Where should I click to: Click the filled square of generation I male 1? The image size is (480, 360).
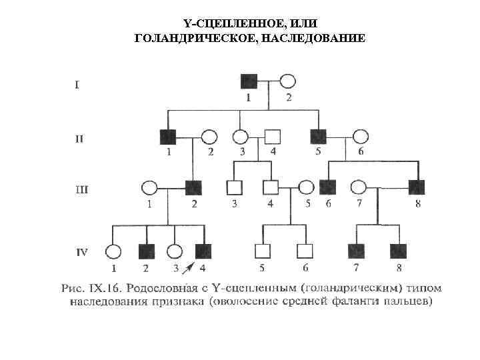coord(249,82)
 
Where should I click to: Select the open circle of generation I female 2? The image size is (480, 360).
coord(287,82)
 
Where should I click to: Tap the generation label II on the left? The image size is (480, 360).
coord(79,139)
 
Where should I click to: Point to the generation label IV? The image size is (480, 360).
coord(82,252)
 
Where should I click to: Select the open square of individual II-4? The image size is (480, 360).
coord(272,137)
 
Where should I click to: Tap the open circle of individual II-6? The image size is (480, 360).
coord(360,137)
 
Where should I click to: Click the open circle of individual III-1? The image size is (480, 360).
coord(149,188)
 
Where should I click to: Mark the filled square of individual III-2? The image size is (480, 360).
coord(193,188)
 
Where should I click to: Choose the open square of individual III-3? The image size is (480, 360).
coord(234,188)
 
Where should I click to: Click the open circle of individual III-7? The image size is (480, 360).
coord(359,188)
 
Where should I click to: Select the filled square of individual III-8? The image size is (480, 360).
coord(417,188)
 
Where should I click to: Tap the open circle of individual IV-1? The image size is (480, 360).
coord(113,251)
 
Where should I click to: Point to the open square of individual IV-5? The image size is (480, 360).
coord(263,251)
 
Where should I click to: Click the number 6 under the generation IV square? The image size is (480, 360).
coord(305,268)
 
